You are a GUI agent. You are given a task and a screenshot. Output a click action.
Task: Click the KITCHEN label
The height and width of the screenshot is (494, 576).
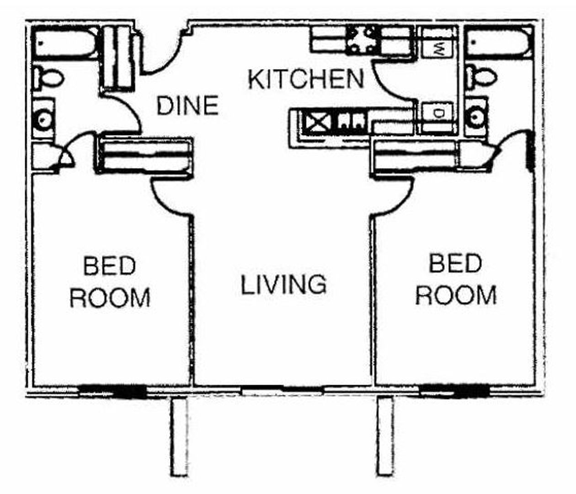(x=306, y=79)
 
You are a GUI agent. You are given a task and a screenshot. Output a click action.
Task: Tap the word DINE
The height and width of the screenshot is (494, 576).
(x=187, y=106)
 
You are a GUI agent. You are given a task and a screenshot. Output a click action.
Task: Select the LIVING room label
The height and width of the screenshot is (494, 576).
(x=283, y=284)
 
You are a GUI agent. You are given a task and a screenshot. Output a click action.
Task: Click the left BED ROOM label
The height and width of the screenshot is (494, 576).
(x=110, y=282)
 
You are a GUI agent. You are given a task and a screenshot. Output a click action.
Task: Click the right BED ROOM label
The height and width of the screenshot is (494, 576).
(x=456, y=279)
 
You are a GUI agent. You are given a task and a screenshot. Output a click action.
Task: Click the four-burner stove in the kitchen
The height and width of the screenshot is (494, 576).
(x=363, y=40)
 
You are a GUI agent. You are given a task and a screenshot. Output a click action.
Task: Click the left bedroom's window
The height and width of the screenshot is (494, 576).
(x=112, y=392)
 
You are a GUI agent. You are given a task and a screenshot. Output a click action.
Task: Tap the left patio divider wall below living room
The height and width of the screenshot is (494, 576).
(x=179, y=437)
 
